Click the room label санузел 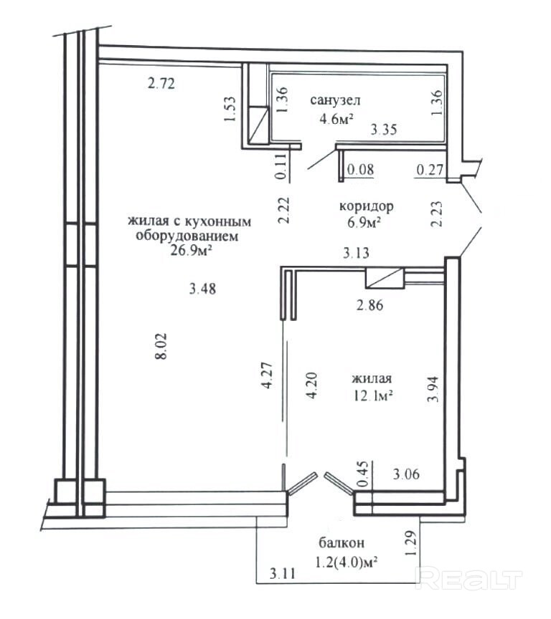tap(335, 100)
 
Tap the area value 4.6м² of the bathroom tap(336, 118)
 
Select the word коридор tap(366, 206)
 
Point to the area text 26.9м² tap(189, 250)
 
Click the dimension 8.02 tap(161, 346)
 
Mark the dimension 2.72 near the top tap(161, 83)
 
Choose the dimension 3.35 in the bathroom tap(383, 129)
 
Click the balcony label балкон tap(342, 543)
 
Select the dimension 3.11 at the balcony tap(282, 572)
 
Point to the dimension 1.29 tap(411, 543)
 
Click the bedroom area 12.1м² tap(373, 395)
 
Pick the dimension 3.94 tap(433, 388)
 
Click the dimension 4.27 tap(268, 375)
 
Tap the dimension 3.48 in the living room tap(202, 289)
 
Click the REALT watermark tap(470, 580)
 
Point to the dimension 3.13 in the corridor tap(356, 253)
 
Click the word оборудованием tap(187, 236)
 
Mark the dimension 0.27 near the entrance tap(430, 170)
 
